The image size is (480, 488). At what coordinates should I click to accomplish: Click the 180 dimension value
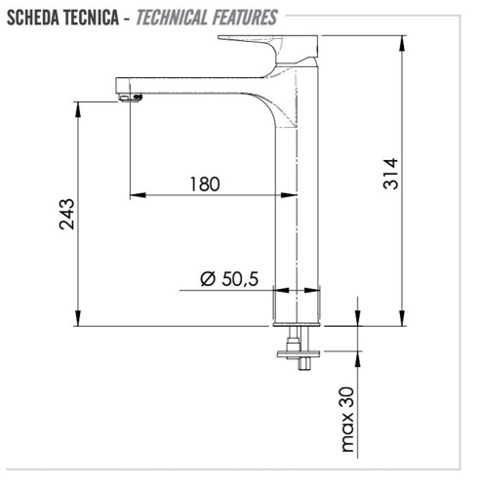(206, 183)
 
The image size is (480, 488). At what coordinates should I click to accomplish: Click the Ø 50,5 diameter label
(228, 279)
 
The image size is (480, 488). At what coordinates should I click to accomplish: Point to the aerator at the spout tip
(130, 96)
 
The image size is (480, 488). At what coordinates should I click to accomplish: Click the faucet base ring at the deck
(299, 309)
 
